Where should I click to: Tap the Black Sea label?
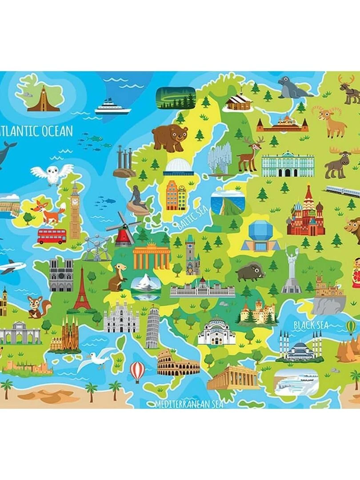coord(311,325)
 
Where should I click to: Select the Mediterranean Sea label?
coord(189,404)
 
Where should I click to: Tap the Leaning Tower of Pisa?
coord(152,327)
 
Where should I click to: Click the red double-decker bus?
coord(52,236)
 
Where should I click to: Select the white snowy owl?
coord(52,174)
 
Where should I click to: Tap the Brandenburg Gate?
coord(152,256)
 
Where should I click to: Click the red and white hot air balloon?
coord(137,370)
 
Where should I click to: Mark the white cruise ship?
coord(112,107)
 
